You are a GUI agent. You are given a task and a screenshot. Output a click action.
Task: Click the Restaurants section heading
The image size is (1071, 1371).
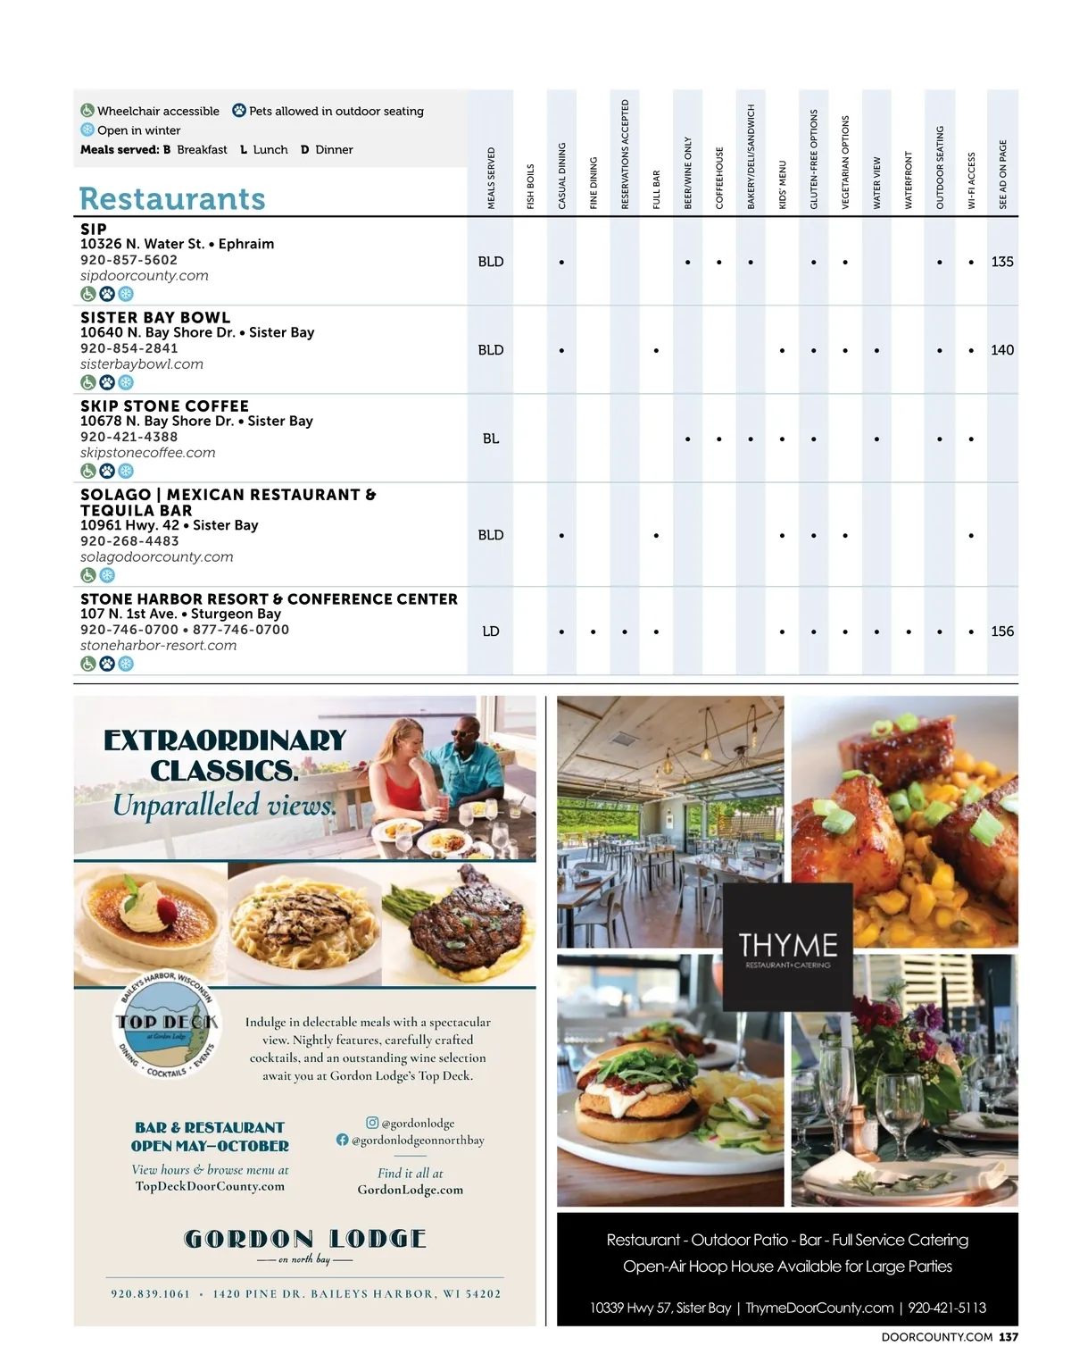[172, 198]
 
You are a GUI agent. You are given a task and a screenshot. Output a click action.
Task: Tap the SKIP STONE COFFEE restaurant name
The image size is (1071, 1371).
[164, 405]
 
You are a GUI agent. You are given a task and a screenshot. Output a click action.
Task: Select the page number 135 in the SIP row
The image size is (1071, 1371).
[1002, 262]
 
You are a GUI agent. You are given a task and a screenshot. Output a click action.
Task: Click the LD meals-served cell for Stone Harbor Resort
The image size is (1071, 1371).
[491, 631]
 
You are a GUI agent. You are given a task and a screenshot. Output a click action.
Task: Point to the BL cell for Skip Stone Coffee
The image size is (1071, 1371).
[491, 439]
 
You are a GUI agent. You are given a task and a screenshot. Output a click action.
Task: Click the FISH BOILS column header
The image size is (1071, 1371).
[530, 186]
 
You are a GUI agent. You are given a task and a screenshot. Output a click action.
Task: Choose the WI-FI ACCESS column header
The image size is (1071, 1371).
[971, 180]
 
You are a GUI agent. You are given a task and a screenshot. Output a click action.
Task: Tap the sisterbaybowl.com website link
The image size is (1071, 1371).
[142, 364]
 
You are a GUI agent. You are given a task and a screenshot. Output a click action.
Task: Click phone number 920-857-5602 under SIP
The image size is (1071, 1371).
[129, 260]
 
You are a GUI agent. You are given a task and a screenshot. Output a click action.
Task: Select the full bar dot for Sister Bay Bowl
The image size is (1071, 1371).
[656, 351]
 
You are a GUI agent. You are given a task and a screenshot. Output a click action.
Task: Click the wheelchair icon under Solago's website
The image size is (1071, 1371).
[88, 575]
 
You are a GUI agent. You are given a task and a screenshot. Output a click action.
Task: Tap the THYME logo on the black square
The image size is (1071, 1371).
[787, 947]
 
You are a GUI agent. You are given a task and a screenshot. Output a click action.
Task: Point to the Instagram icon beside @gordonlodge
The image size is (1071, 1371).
[372, 1123]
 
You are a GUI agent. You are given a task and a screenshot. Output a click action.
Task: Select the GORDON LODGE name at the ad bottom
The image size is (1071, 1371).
[304, 1239]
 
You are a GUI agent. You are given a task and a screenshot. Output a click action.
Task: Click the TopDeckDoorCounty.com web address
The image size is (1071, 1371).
[210, 1186]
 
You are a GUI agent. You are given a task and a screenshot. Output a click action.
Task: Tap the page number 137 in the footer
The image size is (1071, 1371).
[1008, 1337]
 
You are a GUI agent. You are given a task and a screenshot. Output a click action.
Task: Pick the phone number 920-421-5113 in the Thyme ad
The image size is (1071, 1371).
[947, 1308]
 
